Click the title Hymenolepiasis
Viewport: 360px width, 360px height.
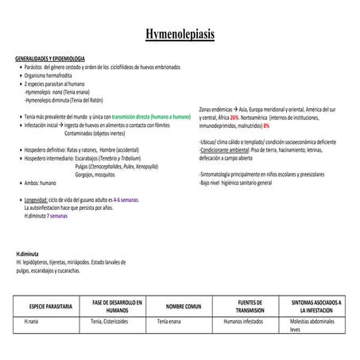[x=180, y=36]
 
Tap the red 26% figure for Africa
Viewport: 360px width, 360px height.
[x=235, y=117]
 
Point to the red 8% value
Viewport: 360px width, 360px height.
[x=266, y=125]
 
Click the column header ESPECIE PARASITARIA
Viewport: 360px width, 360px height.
[x=50, y=306]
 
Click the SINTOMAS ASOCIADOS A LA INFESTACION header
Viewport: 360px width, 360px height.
[x=315, y=306]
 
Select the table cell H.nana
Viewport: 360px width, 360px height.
[x=31, y=321]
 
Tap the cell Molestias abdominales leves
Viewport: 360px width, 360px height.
[x=317, y=324]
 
